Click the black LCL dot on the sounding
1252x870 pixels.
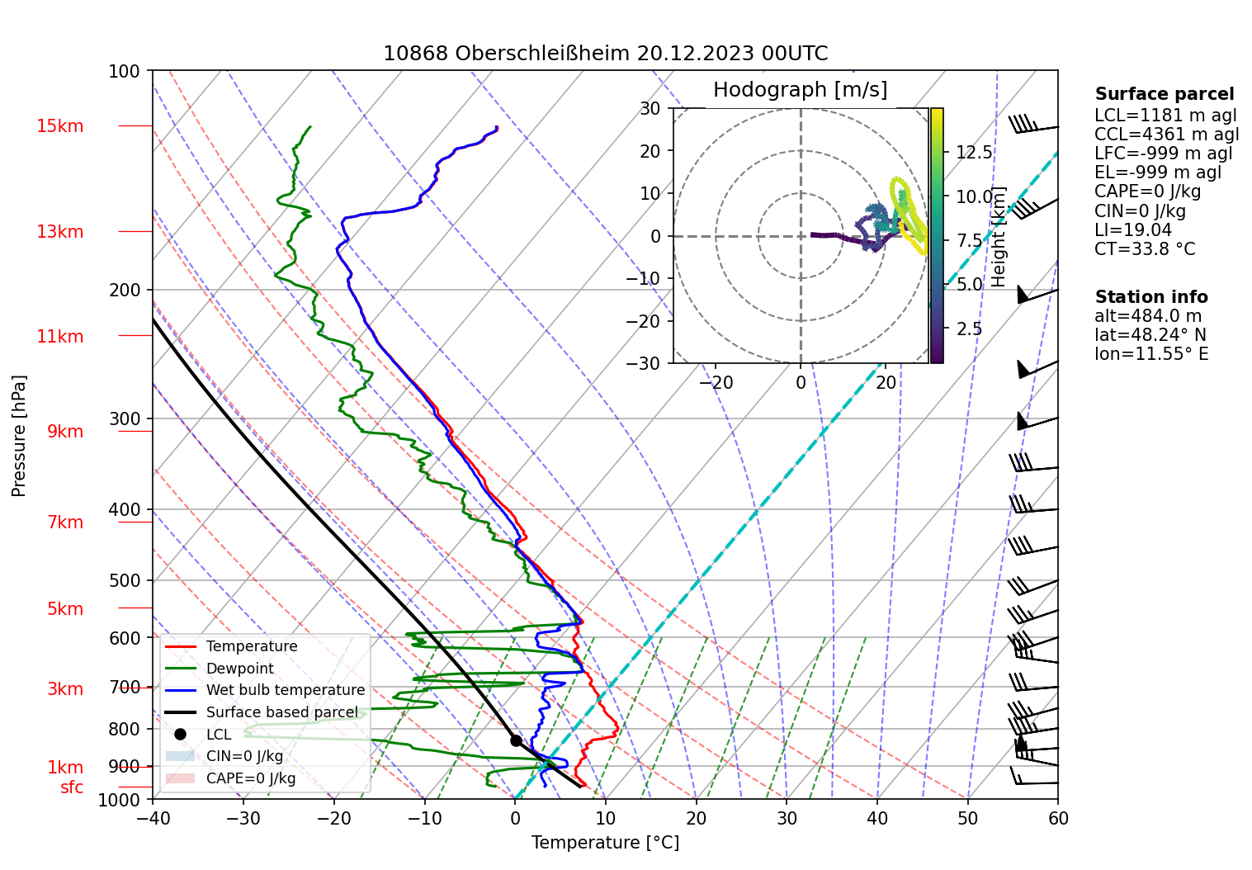pyautogui.click(x=516, y=740)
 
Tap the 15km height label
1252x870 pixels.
pyautogui.click(x=59, y=126)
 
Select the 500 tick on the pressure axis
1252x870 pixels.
pyautogui.click(x=125, y=580)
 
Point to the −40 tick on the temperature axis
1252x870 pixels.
pyautogui.click(x=153, y=818)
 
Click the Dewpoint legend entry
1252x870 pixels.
pyautogui.click(x=239, y=669)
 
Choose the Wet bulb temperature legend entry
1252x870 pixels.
pyautogui.click(x=285, y=690)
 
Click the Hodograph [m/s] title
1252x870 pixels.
pyautogui.click(x=800, y=90)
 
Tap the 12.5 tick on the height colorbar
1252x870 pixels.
pyautogui.click(x=974, y=153)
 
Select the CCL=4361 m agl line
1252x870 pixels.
pyautogui.click(x=1166, y=135)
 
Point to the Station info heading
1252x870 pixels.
pyautogui.click(x=1150, y=297)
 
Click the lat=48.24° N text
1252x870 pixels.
pyautogui.click(x=1150, y=335)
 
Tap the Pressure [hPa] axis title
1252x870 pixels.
pyautogui.click(x=19, y=436)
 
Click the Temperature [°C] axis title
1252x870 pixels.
pyautogui.click(x=605, y=843)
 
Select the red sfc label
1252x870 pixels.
pyautogui.click(x=72, y=787)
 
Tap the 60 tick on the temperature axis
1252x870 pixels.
pyautogui.click(x=1058, y=818)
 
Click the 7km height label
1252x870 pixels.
pyautogui.click(x=65, y=522)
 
